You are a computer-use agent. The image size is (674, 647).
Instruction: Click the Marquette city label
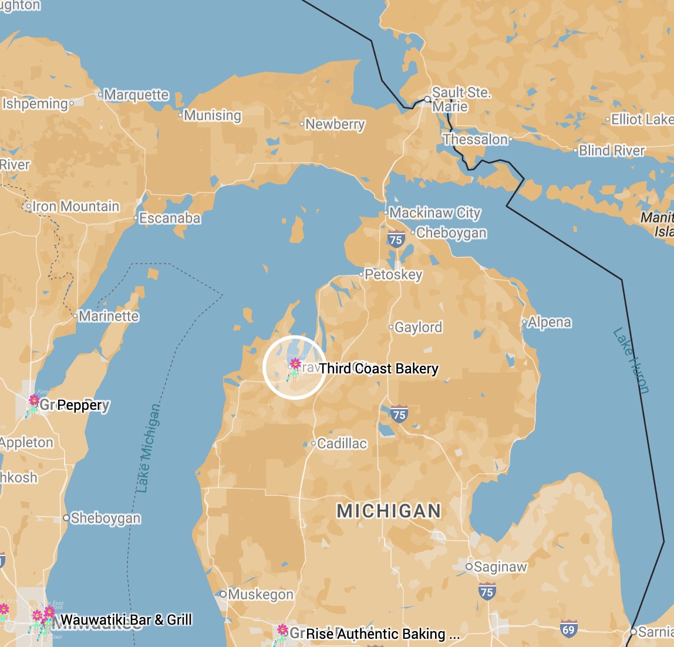pos(136,95)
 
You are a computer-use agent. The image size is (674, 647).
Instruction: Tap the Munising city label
pos(213,116)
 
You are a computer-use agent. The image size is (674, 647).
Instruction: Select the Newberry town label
pos(335,124)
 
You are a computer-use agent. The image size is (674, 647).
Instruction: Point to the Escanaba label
pos(170,218)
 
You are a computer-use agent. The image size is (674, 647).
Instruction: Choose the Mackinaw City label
pos(435,213)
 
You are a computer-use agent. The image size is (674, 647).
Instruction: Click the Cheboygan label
pos(451,232)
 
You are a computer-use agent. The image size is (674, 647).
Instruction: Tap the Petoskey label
pos(393,275)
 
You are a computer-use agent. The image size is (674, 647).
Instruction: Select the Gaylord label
pos(418,327)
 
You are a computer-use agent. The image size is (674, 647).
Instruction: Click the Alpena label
pos(549,322)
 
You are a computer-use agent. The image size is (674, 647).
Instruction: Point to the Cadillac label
pos(342,443)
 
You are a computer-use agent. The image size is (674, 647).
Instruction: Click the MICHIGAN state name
pos(389,511)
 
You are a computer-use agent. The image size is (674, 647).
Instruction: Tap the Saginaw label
pos(500,567)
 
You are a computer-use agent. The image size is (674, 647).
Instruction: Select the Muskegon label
pos(261,595)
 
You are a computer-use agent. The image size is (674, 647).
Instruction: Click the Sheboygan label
pos(106,518)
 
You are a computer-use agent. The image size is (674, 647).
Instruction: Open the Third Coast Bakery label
pos(379,369)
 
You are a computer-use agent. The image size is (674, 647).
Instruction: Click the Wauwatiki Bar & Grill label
pos(126,620)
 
